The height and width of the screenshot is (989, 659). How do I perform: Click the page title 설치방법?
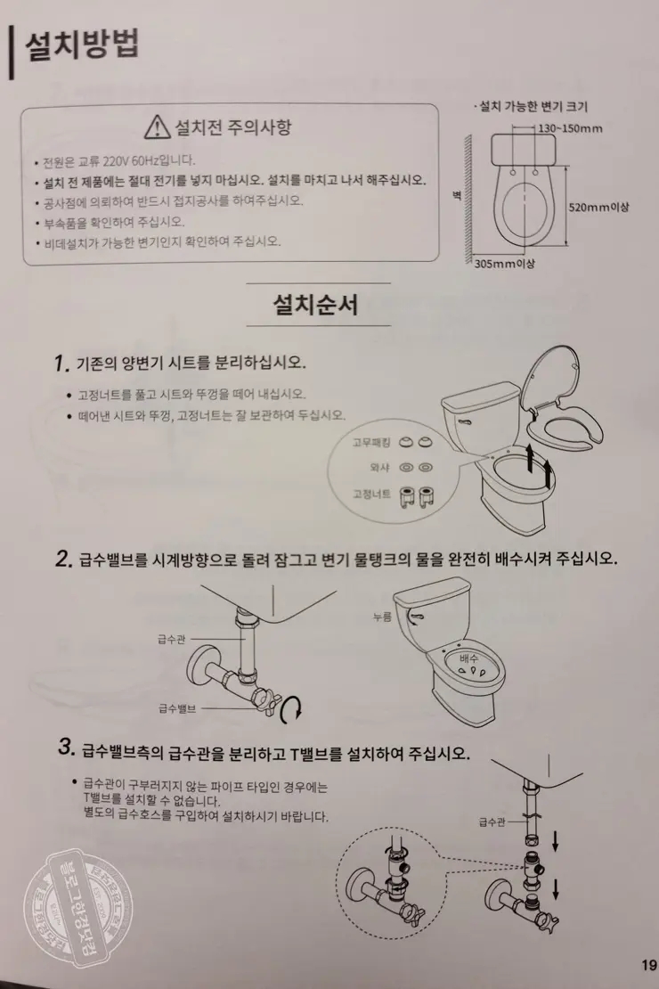point(82,45)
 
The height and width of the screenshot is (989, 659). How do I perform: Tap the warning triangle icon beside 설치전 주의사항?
point(157,127)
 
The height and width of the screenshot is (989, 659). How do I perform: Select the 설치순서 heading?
point(315,306)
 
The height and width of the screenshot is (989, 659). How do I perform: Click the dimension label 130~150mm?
point(570,128)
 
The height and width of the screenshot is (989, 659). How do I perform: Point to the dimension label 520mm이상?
point(598,207)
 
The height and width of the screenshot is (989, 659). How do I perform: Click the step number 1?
point(61,364)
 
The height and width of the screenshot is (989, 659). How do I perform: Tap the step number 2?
point(62,559)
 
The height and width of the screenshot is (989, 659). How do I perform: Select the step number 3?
point(64,748)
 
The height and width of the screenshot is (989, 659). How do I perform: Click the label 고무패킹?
point(372,441)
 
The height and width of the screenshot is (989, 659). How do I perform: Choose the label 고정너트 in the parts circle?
point(372,493)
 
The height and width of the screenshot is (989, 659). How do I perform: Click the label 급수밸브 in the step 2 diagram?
point(176,707)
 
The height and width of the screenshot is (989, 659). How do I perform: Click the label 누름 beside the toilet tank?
point(382,616)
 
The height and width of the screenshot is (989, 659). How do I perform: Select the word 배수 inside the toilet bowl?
point(468,657)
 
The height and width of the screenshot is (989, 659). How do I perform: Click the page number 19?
point(647,964)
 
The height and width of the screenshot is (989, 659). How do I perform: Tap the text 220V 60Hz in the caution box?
point(133,160)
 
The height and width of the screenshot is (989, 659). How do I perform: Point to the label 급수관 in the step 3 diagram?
point(492,821)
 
